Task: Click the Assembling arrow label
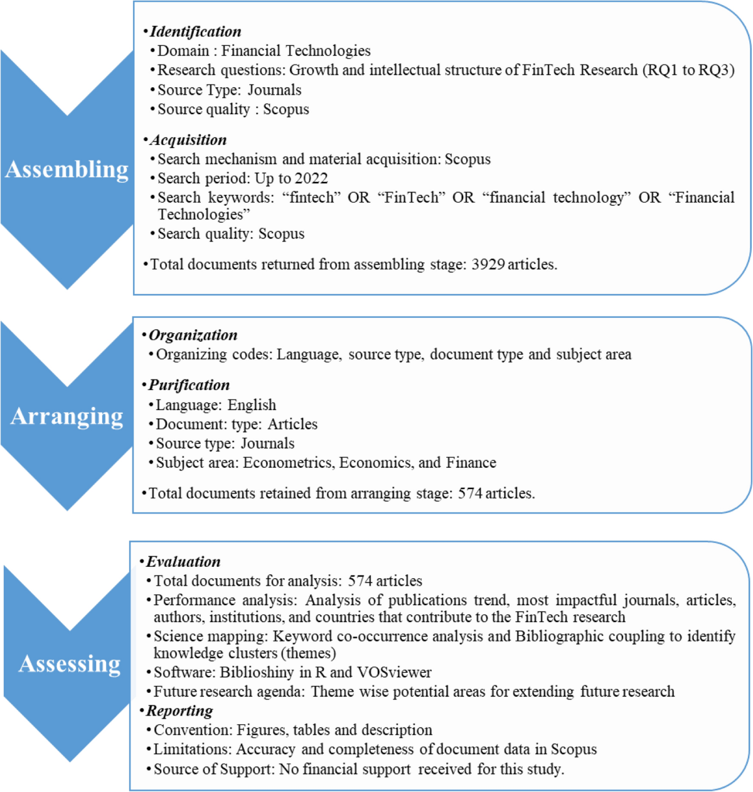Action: (x=67, y=169)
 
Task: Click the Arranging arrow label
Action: (x=67, y=416)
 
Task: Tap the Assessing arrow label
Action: (x=69, y=663)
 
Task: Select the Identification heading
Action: (x=195, y=31)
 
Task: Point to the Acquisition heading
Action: (x=188, y=140)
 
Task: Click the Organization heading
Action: (x=193, y=335)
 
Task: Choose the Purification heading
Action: (x=189, y=385)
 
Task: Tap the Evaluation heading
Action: (x=183, y=561)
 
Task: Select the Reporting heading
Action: (x=179, y=710)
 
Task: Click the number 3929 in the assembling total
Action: (x=488, y=265)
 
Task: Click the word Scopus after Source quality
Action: (x=286, y=109)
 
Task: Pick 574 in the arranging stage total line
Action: (x=470, y=494)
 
